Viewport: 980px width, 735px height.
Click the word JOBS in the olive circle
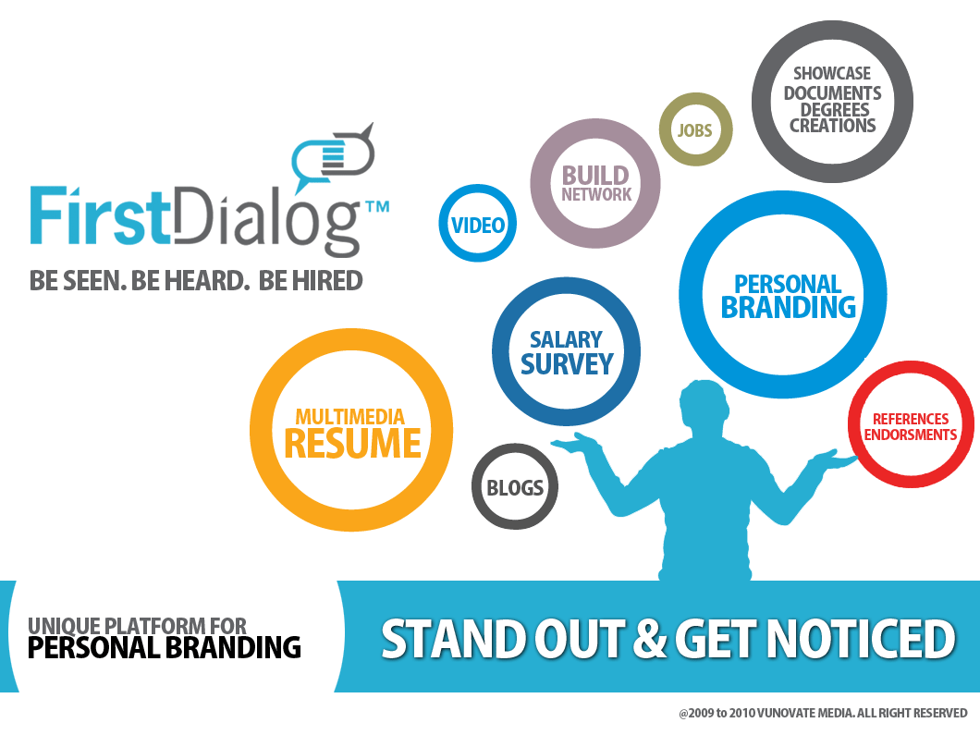(695, 130)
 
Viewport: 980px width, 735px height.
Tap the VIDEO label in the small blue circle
(478, 225)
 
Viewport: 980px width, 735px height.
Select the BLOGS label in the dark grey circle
(515, 487)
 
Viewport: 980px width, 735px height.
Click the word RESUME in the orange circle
(352, 443)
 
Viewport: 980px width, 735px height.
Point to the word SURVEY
(567, 364)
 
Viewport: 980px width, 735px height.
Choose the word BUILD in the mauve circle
(595, 175)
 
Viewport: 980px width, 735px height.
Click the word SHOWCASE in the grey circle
(832, 74)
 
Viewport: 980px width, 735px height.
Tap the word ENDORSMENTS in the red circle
(911, 435)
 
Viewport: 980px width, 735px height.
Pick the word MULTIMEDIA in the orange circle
(350, 417)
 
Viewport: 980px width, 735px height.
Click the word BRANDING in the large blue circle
(789, 307)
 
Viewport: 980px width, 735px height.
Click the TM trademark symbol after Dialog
(377, 207)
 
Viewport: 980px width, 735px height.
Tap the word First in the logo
(100, 215)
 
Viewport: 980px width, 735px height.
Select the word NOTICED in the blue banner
(862, 638)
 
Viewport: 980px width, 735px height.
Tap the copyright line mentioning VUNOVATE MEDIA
(823, 713)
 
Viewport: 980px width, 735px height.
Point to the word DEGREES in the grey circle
(835, 110)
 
